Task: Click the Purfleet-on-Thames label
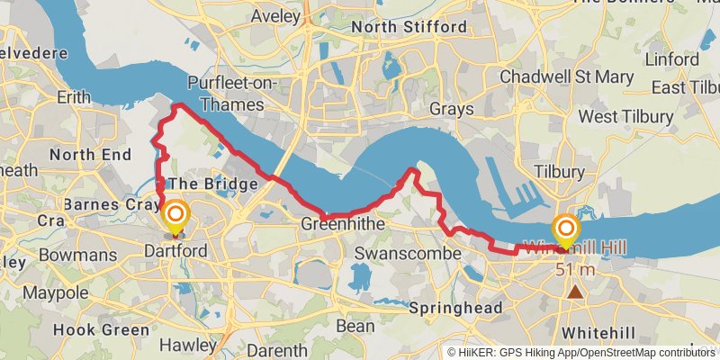(x=232, y=94)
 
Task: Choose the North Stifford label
(x=409, y=27)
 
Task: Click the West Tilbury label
(x=625, y=117)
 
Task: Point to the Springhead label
(x=455, y=308)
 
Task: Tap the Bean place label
(x=354, y=326)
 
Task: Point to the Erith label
(x=74, y=96)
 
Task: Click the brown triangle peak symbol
(x=574, y=291)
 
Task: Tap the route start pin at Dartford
(x=175, y=216)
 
